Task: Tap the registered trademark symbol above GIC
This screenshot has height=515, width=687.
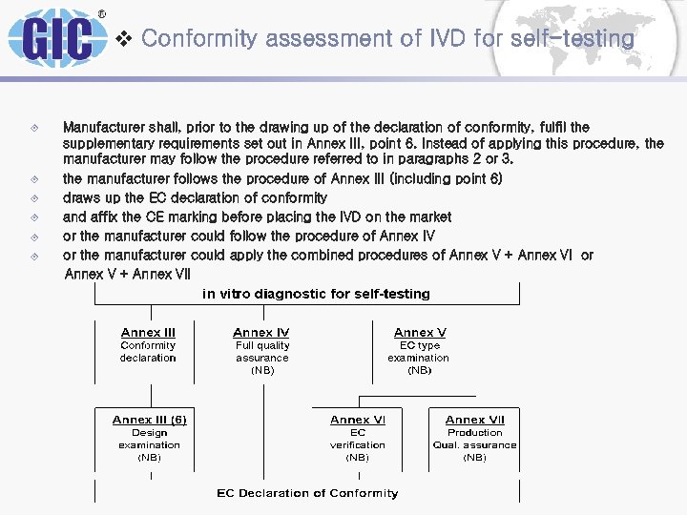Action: coord(102,14)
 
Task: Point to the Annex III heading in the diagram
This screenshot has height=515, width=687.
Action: coord(148,332)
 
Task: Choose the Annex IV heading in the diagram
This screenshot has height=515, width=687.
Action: coord(261,332)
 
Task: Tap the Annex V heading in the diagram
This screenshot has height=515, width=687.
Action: coord(420,332)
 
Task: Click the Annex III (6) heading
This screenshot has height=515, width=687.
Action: coord(149,420)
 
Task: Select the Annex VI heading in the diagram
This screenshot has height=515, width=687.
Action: coord(358,420)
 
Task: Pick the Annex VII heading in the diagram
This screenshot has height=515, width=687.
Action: coord(474,420)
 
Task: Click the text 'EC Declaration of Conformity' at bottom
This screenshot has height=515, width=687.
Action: coord(307,493)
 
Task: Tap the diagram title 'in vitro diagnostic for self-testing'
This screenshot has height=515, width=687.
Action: coord(316,294)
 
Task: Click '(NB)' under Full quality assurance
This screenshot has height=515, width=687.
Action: coord(261,370)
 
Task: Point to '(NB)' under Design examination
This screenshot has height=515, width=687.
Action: coord(149,458)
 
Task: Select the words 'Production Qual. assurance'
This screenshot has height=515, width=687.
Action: coord(474,439)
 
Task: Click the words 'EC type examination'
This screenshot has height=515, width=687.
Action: coord(419,351)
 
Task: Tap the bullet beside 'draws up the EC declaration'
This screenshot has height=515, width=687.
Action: coord(34,198)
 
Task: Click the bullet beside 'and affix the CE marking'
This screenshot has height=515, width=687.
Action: coord(34,217)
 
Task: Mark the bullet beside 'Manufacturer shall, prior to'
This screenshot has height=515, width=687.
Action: coord(34,127)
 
